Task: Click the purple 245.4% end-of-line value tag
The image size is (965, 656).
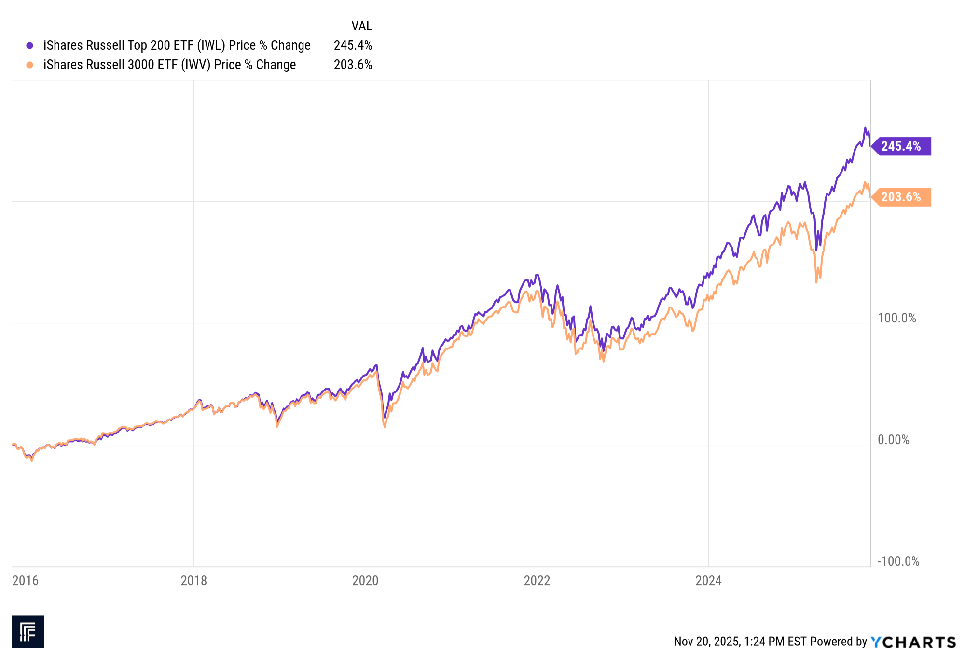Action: click(901, 146)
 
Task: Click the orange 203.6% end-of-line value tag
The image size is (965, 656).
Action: click(901, 197)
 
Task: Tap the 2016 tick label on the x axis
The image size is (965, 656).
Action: click(25, 581)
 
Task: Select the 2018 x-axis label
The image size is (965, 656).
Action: click(193, 581)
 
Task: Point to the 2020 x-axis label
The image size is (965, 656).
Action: click(365, 581)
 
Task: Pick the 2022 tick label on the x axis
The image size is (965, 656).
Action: click(537, 581)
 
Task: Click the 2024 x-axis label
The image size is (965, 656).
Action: click(708, 581)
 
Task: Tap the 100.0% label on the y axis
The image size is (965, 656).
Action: click(896, 318)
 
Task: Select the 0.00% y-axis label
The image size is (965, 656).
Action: click(893, 440)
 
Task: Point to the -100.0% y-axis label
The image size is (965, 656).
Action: click(898, 561)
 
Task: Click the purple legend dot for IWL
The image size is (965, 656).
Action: click(30, 46)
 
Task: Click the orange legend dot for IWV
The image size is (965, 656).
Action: click(30, 65)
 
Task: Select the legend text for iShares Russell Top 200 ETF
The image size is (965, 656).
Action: click(177, 45)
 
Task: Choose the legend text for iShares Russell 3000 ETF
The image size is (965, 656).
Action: click(169, 65)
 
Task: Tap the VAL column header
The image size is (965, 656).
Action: click(361, 26)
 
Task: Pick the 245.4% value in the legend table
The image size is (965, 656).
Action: click(353, 45)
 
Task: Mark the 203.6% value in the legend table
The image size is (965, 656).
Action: click(353, 65)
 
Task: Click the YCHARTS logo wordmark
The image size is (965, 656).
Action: click(913, 642)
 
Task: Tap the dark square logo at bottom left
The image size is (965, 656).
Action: click(28, 631)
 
